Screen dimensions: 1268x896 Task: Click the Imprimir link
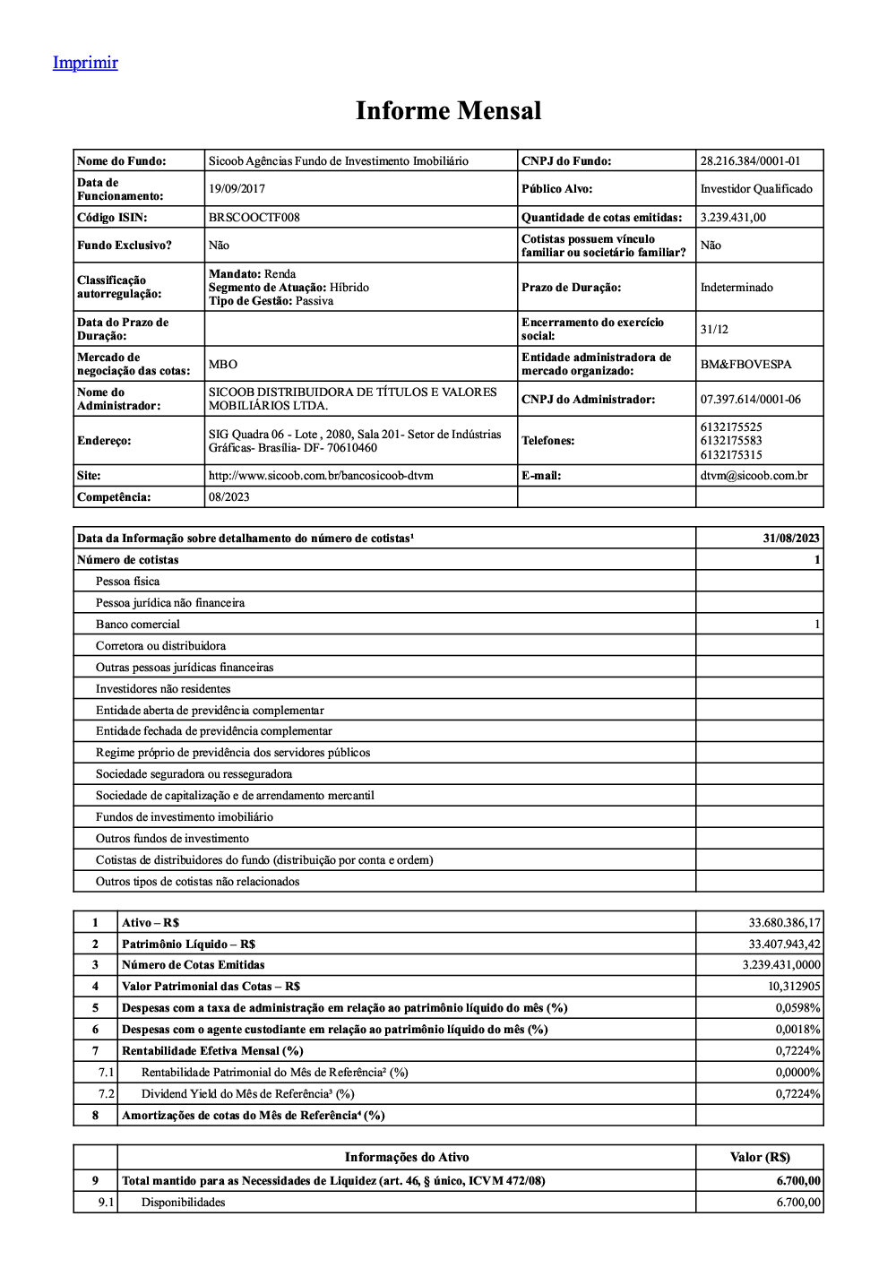[x=85, y=63]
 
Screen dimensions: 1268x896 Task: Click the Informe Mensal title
[x=448, y=111]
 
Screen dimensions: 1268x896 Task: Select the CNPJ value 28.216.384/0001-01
[x=750, y=161]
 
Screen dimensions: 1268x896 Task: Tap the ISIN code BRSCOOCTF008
[x=254, y=218]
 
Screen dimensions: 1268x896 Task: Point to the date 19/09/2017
[x=237, y=189]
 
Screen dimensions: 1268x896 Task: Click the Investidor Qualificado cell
[x=756, y=189]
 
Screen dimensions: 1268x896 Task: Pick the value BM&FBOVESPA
[x=745, y=365]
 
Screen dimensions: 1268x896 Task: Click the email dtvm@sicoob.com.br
[x=754, y=476]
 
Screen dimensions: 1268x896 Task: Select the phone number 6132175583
[x=731, y=441]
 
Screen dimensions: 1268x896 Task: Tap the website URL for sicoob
[x=321, y=476]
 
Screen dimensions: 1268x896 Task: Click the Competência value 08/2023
[x=229, y=497]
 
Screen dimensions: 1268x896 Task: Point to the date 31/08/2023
[x=791, y=539]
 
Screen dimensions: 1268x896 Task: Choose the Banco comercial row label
[x=138, y=625]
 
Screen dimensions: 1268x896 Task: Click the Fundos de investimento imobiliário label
[x=185, y=817]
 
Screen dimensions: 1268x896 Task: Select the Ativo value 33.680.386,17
[x=784, y=923]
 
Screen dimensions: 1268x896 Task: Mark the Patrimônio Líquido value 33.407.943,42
[x=784, y=945]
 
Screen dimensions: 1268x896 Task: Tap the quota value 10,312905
[x=794, y=987]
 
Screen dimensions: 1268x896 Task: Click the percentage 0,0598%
[x=797, y=1008]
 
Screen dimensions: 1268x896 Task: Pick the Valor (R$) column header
[x=760, y=1158]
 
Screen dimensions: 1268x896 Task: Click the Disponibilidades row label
[x=184, y=1203]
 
